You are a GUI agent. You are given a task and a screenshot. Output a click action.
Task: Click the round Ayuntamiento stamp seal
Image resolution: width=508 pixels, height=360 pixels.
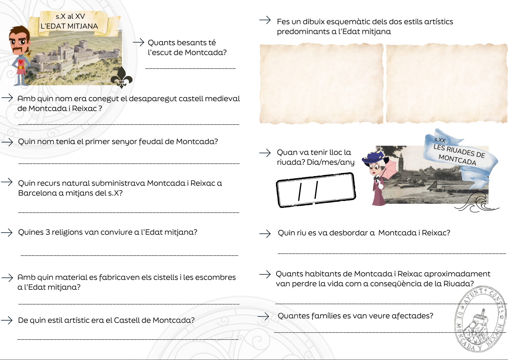point(480,319)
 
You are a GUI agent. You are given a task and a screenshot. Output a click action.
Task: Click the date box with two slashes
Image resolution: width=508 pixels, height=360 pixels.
point(316,190)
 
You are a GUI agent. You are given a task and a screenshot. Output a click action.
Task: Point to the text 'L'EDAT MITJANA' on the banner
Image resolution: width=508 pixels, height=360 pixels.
point(69,26)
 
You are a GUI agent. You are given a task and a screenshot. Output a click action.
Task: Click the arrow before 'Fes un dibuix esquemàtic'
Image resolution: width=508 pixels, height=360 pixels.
point(265,20)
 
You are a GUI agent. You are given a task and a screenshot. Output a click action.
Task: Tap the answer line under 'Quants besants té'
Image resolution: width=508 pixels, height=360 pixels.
point(190,68)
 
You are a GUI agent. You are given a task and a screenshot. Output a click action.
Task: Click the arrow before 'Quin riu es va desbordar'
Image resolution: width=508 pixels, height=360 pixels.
point(265,233)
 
